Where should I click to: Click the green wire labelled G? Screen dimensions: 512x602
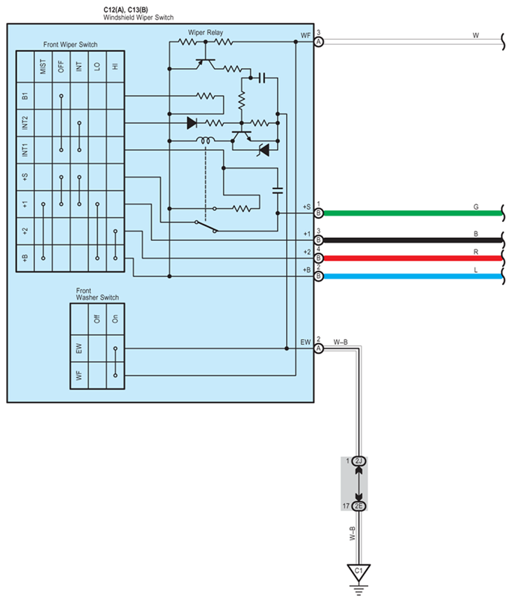pyautogui.click(x=413, y=213)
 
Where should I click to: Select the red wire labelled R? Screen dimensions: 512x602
pyautogui.click(x=413, y=258)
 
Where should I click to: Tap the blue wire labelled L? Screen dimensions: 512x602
pyautogui.click(x=413, y=276)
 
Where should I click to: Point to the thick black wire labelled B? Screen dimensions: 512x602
pyautogui.click(x=413, y=240)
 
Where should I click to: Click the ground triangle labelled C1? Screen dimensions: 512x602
pyautogui.click(x=359, y=572)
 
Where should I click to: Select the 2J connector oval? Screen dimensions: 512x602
pyautogui.click(x=359, y=461)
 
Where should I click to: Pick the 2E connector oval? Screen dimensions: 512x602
pyautogui.click(x=359, y=506)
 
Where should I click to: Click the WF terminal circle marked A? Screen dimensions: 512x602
pyautogui.click(x=318, y=42)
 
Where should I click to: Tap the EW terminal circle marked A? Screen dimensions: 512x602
pyautogui.click(x=318, y=348)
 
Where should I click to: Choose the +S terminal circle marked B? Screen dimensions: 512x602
pyautogui.click(x=318, y=213)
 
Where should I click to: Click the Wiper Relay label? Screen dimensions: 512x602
pyautogui.click(x=205, y=33)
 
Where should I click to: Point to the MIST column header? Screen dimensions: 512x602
pyautogui.click(x=43, y=66)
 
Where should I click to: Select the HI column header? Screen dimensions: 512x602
pyautogui.click(x=115, y=66)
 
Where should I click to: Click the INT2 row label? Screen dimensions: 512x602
pyautogui.click(x=25, y=123)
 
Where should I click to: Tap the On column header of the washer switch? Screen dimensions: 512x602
pyautogui.click(x=115, y=318)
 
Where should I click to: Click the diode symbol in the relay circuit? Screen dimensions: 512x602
pyautogui.click(x=192, y=123)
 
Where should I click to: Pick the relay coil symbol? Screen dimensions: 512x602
pyautogui.click(x=206, y=141)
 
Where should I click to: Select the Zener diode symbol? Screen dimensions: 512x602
pyautogui.click(x=264, y=150)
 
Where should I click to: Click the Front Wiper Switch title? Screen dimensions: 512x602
pyautogui.click(x=70, y=45)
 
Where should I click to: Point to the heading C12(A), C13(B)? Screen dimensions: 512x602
pyautogui.click(x=126, y=10)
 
